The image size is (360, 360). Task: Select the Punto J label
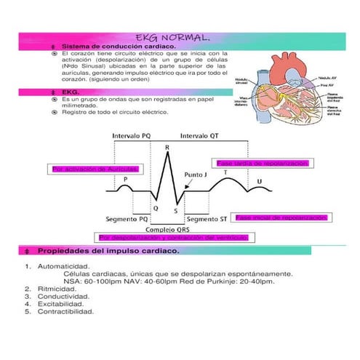pyautogui.click(x=197, y=175)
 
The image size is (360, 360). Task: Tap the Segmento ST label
pyautogui.click(x=207, y=217)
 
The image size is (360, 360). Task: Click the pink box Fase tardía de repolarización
pyautogui.click(x=263, y=164)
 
